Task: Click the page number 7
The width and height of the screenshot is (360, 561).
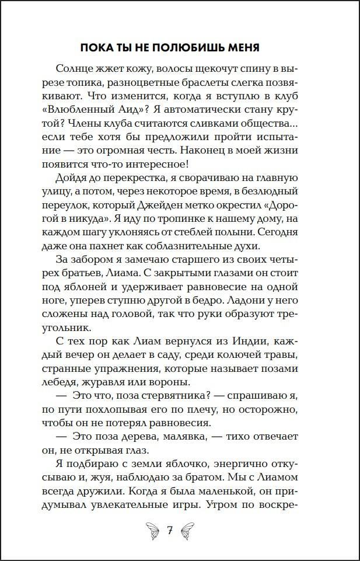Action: pyautogui.click(x=170, y=531)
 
